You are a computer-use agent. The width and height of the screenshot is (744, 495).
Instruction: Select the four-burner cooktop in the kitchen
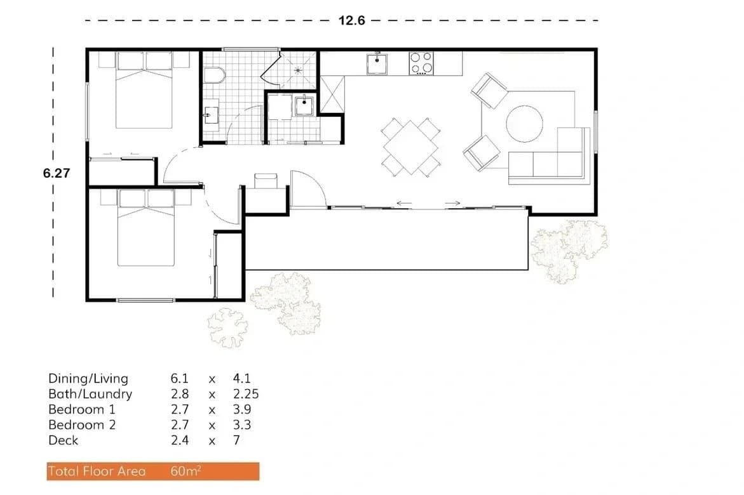tap(421, 63)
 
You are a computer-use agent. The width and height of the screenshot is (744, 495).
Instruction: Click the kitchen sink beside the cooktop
tap(378, 63)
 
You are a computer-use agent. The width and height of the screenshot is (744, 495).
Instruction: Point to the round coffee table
tap(524, 122)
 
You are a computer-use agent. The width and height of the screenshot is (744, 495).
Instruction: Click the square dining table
tap(410, 147)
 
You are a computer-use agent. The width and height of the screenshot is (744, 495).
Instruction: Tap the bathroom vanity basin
tap(210, 115)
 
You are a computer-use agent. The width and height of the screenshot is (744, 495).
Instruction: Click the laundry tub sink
tap(304, 107)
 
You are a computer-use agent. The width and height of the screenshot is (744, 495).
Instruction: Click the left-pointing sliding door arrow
tap(404, 204)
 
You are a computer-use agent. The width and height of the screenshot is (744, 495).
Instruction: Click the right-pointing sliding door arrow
tap(452, 204)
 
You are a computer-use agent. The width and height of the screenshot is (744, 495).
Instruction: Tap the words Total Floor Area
tap(97, 471)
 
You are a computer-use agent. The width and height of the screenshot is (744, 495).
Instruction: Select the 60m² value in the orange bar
tap(186, 471)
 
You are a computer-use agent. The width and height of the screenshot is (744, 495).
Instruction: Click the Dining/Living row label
tap(88, 379)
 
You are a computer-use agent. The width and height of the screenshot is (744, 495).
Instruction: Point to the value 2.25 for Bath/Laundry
tap(246, 394)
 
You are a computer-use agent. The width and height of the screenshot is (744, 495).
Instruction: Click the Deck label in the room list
tap(64, 440)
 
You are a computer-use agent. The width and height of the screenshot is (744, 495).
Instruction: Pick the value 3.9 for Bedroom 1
tap(242, 409)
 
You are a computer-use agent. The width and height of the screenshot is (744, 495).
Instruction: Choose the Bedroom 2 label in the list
tap(82, 425)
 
